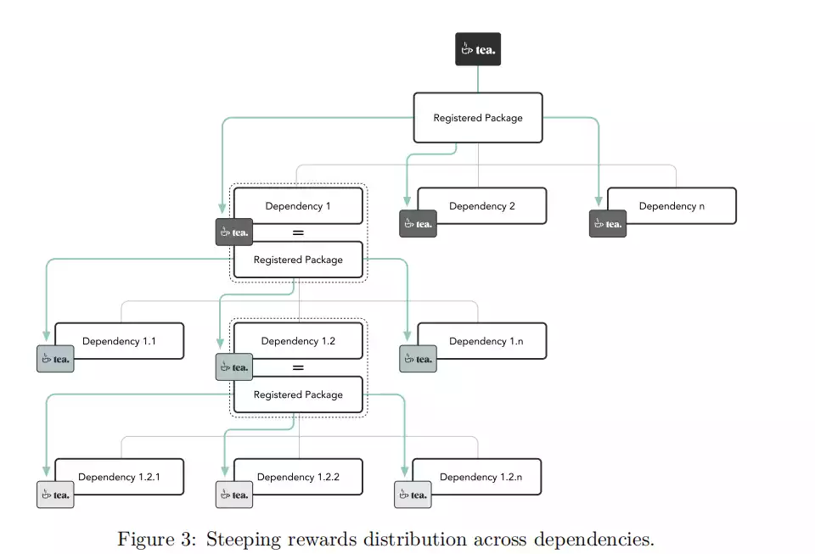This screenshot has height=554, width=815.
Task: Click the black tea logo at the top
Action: tap(477, 49)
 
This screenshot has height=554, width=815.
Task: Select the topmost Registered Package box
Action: tap(477, 118)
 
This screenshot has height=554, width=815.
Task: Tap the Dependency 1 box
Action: tap(298, 206)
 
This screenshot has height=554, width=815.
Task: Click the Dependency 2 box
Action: tap(481, 206)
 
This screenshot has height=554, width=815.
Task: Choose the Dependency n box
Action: tap(672, 206)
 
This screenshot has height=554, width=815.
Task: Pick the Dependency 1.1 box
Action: tap(119, 341)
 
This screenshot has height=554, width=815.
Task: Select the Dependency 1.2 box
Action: tap(298, 341)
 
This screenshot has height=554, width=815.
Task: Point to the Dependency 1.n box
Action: tap(481, 341)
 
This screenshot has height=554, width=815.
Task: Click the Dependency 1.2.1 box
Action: tap(119, 477)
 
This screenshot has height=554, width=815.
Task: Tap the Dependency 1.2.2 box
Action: tap(298, 477)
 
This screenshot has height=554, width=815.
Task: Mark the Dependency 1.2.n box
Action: tap(481, 477)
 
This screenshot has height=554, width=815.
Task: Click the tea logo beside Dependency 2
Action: tap(418, 224)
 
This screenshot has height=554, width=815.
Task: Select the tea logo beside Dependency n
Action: tap(608, 224)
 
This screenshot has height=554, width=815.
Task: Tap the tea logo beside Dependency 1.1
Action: tap(55, 359)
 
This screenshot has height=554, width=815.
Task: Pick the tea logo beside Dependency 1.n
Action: tap(418, 359)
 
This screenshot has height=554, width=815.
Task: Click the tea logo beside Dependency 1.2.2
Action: tap(233, 495)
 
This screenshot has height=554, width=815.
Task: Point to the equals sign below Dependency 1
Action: tap(298, 232)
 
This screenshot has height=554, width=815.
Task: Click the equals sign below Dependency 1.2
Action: tap(298, 368)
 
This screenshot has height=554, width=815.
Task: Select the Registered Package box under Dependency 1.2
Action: tap(298, 395)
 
